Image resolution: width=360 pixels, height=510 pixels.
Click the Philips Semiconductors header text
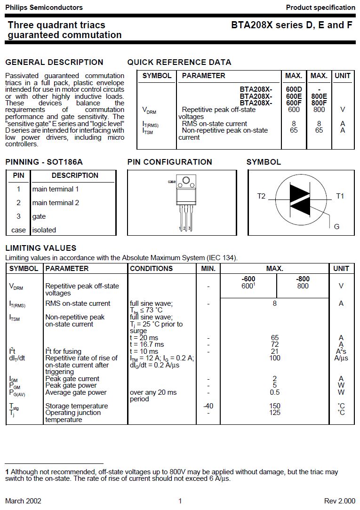point(44,8)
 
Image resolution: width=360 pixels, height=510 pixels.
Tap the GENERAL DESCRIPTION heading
point(54,62)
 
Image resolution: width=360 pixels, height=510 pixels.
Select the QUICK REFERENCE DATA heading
point(179,62)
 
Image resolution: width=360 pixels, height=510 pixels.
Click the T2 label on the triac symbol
point(261,196)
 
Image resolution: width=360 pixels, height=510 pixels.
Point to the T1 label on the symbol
point(340,196)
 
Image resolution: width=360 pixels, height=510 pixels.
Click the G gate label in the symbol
point(336,227)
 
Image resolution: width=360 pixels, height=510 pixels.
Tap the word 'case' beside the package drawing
point(172,182)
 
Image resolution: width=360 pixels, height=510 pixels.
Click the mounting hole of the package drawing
point(186,180)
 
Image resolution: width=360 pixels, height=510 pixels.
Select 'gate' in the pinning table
point(39,216)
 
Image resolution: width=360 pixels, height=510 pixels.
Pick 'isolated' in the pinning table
point(44,230)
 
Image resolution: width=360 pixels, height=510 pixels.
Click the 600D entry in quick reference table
point(294,89)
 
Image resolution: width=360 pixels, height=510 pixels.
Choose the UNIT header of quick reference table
point(343,76)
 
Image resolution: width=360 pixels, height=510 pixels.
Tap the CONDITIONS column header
point(151,269)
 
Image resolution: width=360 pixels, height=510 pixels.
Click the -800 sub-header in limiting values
point(303,279)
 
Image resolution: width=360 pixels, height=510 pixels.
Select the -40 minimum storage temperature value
point(208,406)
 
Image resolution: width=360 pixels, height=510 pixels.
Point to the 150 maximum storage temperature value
point(275,406)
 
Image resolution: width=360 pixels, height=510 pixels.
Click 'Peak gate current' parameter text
point(72,379)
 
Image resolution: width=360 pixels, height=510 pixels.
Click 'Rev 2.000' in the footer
point(340,501)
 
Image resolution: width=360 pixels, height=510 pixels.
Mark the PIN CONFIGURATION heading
point(169,162)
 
